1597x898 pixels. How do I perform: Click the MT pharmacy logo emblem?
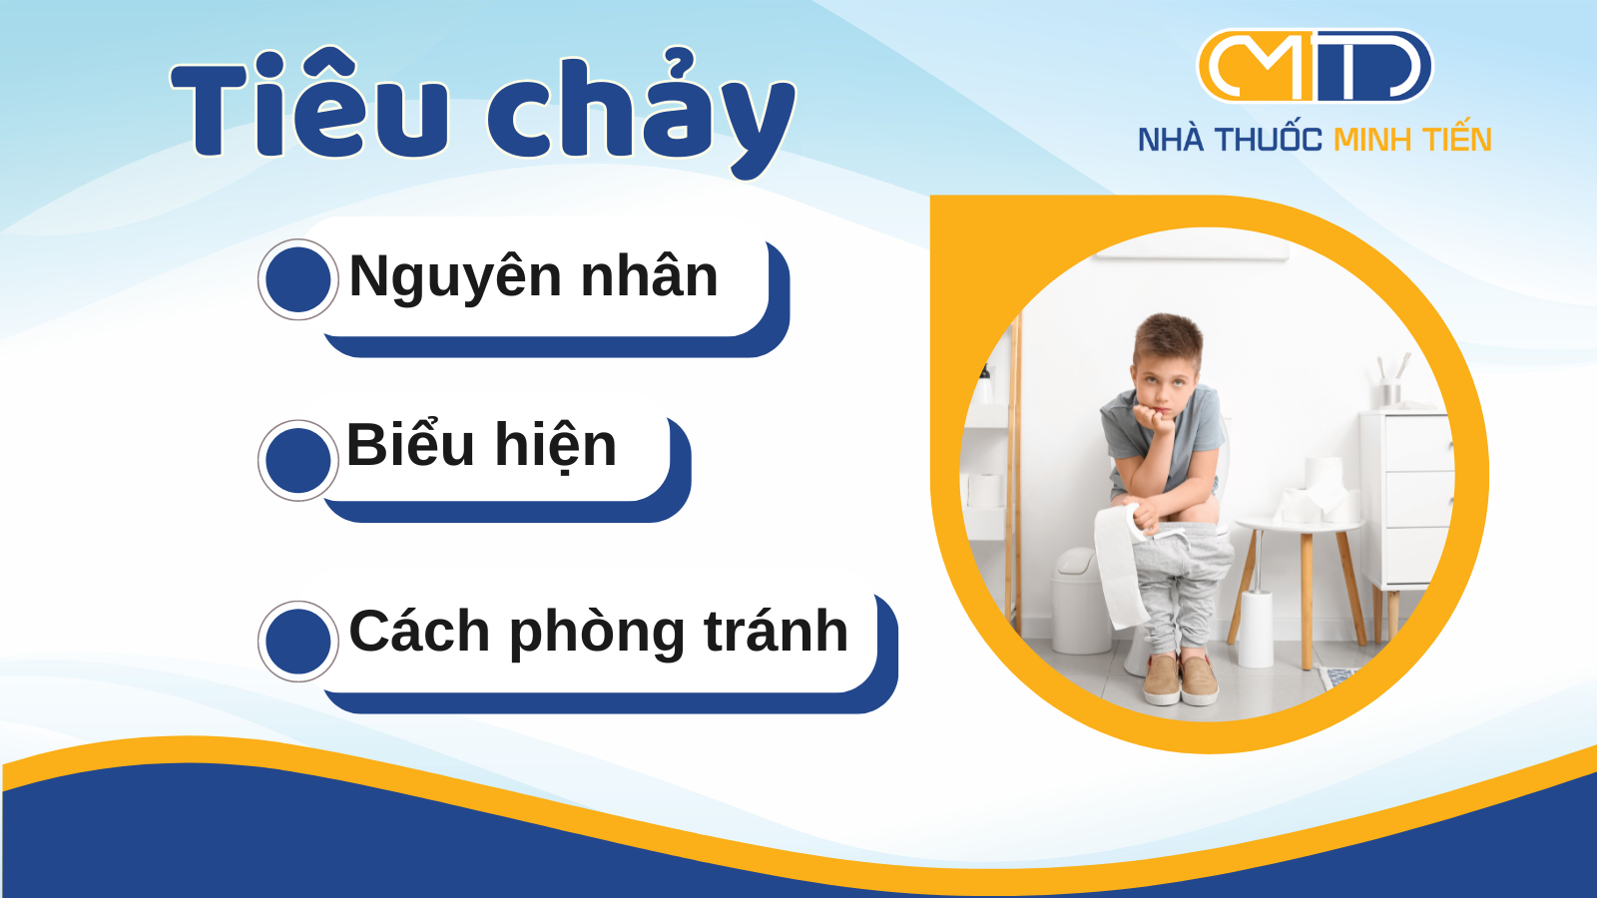tap(1315, 66)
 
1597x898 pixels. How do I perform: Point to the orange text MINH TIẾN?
tap(1412, 139)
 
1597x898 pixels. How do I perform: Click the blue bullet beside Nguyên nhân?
tap(298, 279)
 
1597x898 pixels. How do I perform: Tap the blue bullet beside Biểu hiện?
tap(298, 460)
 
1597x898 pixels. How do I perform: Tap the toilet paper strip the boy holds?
tap(1119, 565)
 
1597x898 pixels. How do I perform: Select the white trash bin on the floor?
tap(1081, 600)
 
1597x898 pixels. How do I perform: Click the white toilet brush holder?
tap(1256, 628)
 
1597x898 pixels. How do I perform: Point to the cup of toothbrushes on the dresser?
tap(1391, 383)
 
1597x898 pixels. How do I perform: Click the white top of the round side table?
tap(1300, 525)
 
